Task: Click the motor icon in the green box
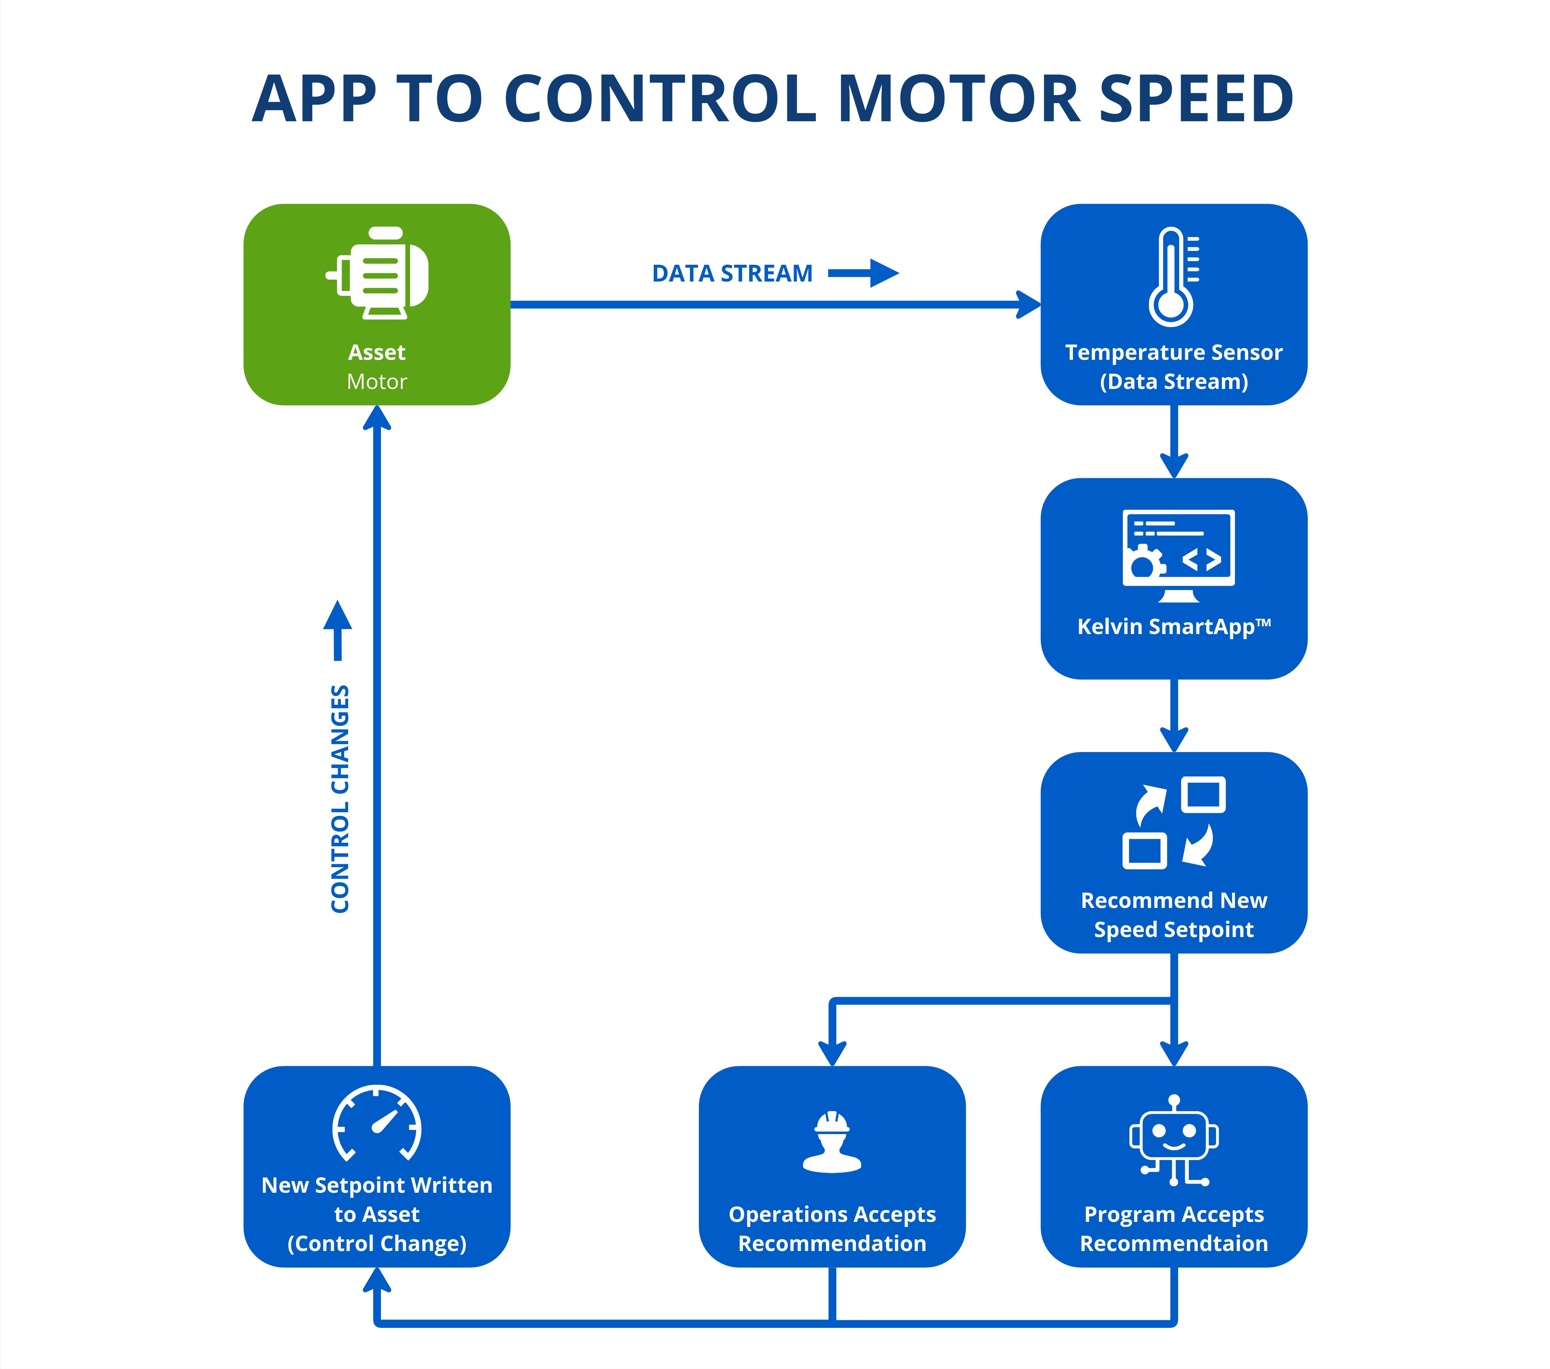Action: (x=377, y=273)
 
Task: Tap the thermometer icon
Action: (x=1172, y=277)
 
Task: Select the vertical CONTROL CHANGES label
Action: (x=340, y=799)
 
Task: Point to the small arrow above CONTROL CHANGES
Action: (x=338, y=630)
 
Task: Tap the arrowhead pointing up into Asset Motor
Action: (x=377, y=418)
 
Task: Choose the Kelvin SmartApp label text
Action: (x=1174, y=626)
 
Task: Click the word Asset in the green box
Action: (x=377, y=353)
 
